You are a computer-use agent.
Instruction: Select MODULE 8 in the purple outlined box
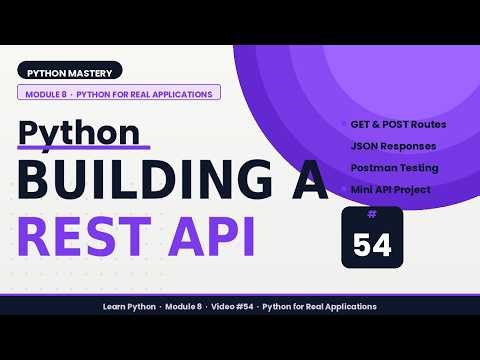(x=43, y=93)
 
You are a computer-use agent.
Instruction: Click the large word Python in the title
(x=80, y=133)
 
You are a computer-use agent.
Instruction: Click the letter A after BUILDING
(x=304, y=184)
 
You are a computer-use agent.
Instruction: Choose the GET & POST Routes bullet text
(x=398, y=125)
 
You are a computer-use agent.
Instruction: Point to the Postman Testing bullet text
(x=394, y=167)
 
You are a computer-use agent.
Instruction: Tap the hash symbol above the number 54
(x=372, y=214)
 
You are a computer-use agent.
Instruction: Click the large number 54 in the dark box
(x=372, y=243)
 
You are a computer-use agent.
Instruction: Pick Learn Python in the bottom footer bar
(x=129, y=306)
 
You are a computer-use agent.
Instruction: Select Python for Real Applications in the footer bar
(x=319, y=306)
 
